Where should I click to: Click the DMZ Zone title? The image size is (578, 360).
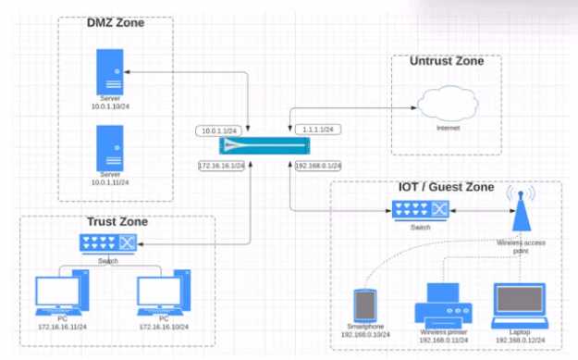[x=116, y=23]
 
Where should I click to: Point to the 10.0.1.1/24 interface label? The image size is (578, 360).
[x=219, y=130]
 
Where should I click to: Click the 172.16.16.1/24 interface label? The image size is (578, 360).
[x=219, y=165]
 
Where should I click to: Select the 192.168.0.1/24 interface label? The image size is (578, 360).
[x=318, y=165]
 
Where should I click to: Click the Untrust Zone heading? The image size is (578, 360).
[x=446, y=61]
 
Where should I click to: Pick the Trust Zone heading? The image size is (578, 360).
[x=117, y=222]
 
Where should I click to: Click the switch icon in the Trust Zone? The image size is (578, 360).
[x=108, y=243]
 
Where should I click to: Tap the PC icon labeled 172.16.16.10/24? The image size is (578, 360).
[x=163, y=295]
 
